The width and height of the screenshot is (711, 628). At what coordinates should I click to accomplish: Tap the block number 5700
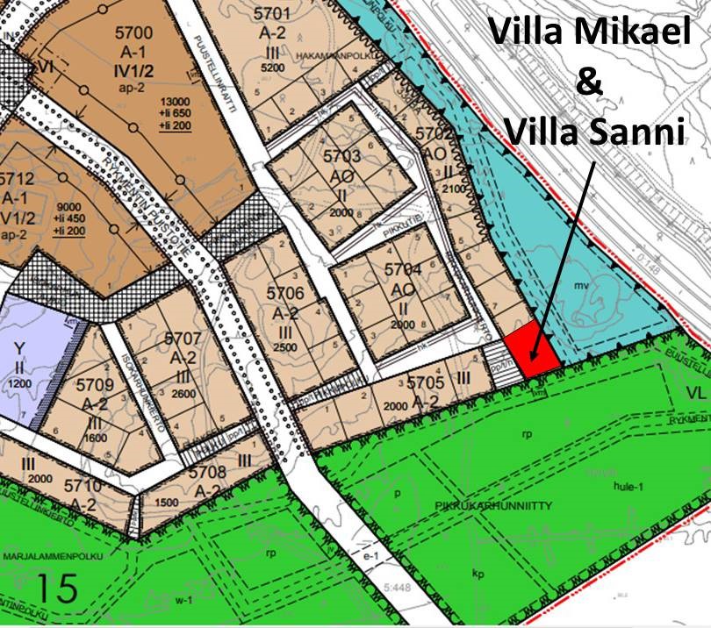pos(133,33)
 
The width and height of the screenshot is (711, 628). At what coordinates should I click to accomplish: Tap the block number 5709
pos(95,384)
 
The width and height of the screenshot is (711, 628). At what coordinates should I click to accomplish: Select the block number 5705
pos(427,382)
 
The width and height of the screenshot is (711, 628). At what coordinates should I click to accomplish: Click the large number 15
pos(57,586)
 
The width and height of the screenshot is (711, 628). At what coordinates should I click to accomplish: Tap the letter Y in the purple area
pos(19,349)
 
